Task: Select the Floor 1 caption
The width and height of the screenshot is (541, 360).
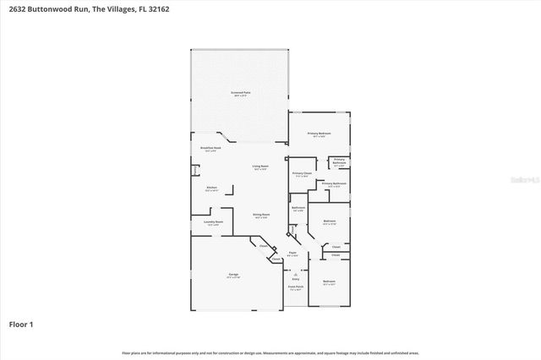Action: [x=21, y=324]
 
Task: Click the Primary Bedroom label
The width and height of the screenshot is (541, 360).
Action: [x=319, y=134]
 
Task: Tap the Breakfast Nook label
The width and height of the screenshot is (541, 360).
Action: [x=210, y=148]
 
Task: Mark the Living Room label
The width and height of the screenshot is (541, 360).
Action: [x=260, y=166]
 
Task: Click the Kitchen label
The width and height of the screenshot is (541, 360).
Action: [x=211, y=188]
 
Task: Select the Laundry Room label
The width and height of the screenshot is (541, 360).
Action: [x=213, y=222]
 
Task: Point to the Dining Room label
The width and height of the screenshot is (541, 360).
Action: [x=261, y=215]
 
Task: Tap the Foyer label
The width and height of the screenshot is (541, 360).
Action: [x=292, y=253]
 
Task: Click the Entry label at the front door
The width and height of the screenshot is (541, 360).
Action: [x=296, y=276]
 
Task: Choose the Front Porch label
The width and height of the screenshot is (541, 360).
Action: [x=295, y=287]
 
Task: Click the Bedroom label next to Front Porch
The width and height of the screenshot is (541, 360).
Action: [x=329, y=281]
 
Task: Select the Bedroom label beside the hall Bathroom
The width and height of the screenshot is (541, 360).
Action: [x=330, y=221]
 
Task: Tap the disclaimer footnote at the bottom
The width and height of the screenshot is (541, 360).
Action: [x=270, y=352]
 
